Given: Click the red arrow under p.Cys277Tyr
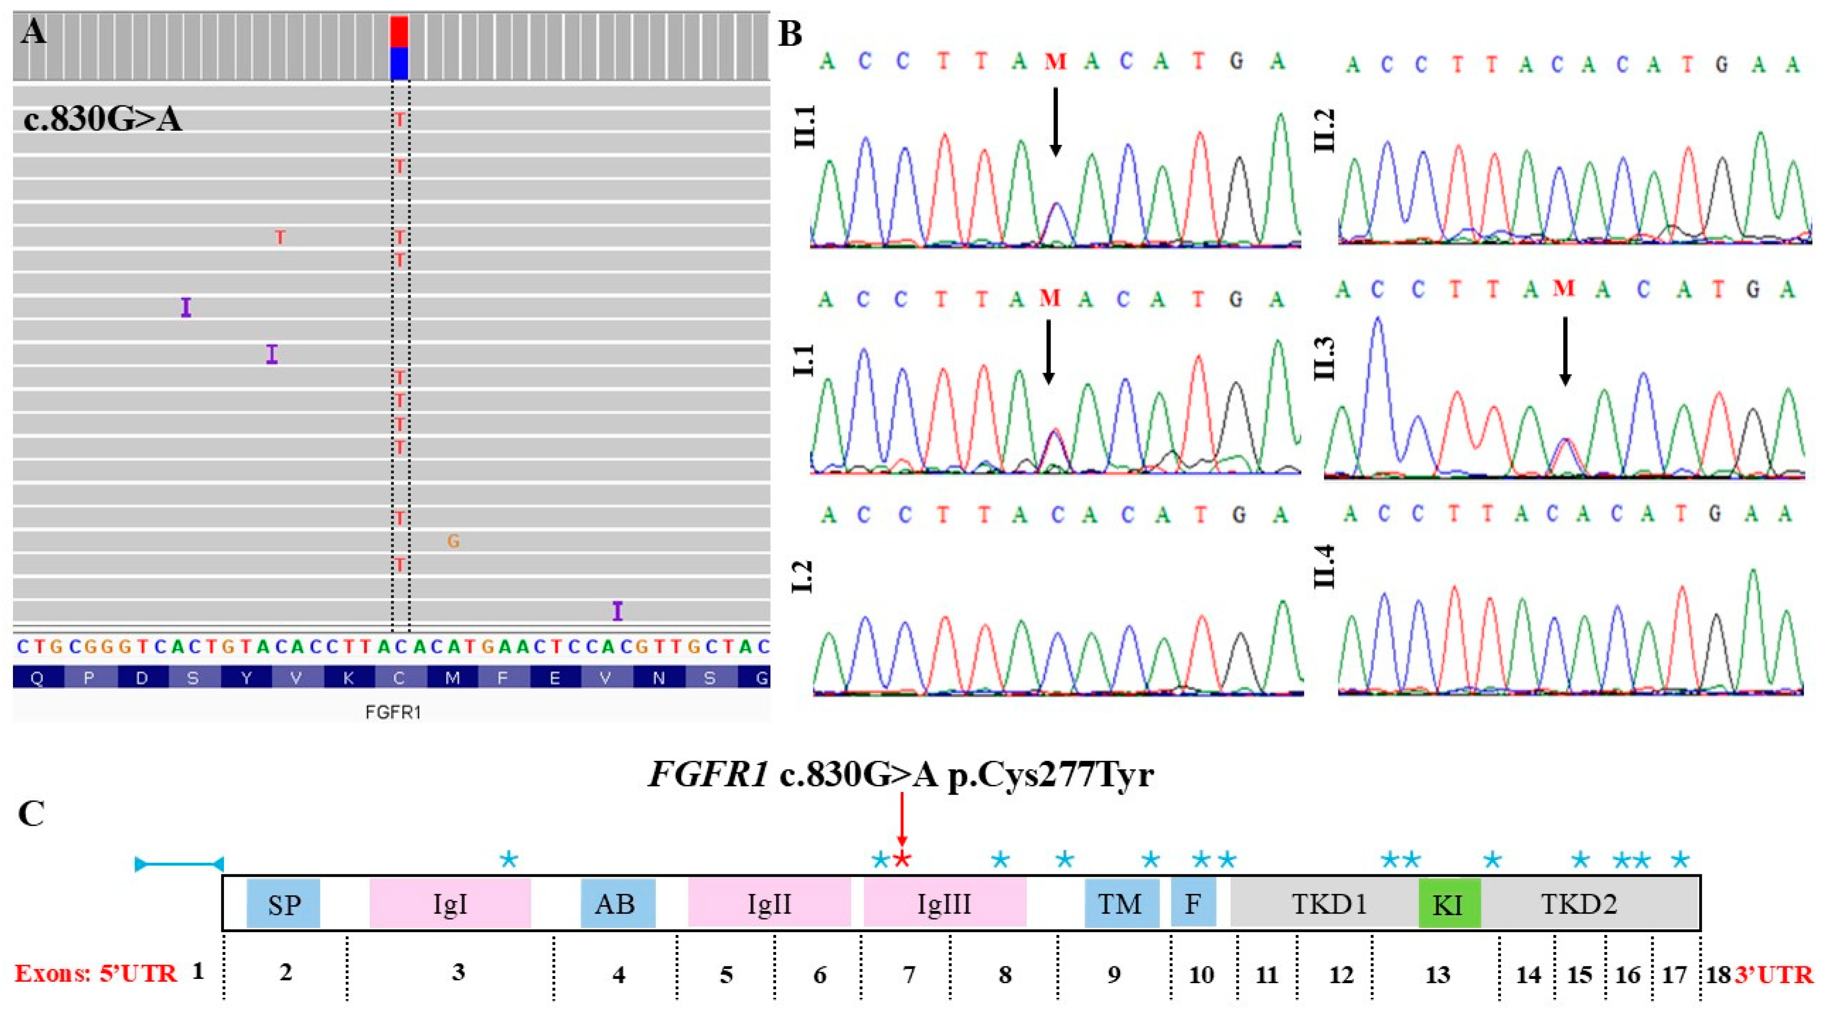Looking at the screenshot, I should pyautogui.click(x=902, y=821).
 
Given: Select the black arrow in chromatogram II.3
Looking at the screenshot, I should pyautogui.click(x=1565, y=350).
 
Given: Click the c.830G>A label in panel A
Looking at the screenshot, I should pyautogui.click(x=103, y=119).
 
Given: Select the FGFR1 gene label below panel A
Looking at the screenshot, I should pyautogui.click(x=393, y=712).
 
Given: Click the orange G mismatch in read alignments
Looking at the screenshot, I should pyautogui.click(x=453, y=542).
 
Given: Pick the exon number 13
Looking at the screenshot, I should pyautogui.click(x=1437, y=975).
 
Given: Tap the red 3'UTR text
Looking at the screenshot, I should pyautogui.click(x=1773, y=975).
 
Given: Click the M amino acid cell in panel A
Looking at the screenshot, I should pyautogui.click(x=452, y=678).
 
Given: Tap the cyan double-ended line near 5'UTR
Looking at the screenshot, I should pyautogui.click(x=179, y=864).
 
